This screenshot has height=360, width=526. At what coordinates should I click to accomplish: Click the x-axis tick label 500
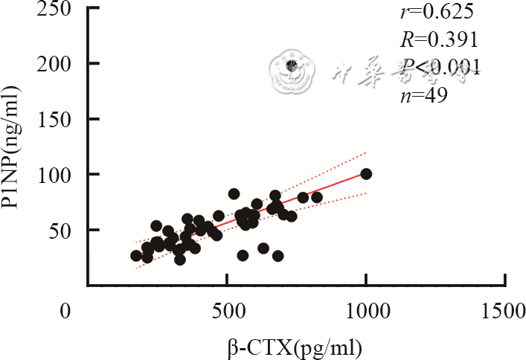[x=226, y=310]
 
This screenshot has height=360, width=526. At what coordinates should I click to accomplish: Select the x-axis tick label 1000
[x=365, y=310]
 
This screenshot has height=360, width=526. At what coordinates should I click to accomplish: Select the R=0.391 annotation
[x=426, y=39]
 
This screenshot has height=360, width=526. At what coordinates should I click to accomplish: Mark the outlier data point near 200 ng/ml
[x=292, y=65]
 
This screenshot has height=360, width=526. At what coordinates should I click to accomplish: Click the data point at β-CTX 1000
[x=365, y=174]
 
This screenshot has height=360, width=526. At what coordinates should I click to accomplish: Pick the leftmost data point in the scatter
[x=136, y=255]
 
